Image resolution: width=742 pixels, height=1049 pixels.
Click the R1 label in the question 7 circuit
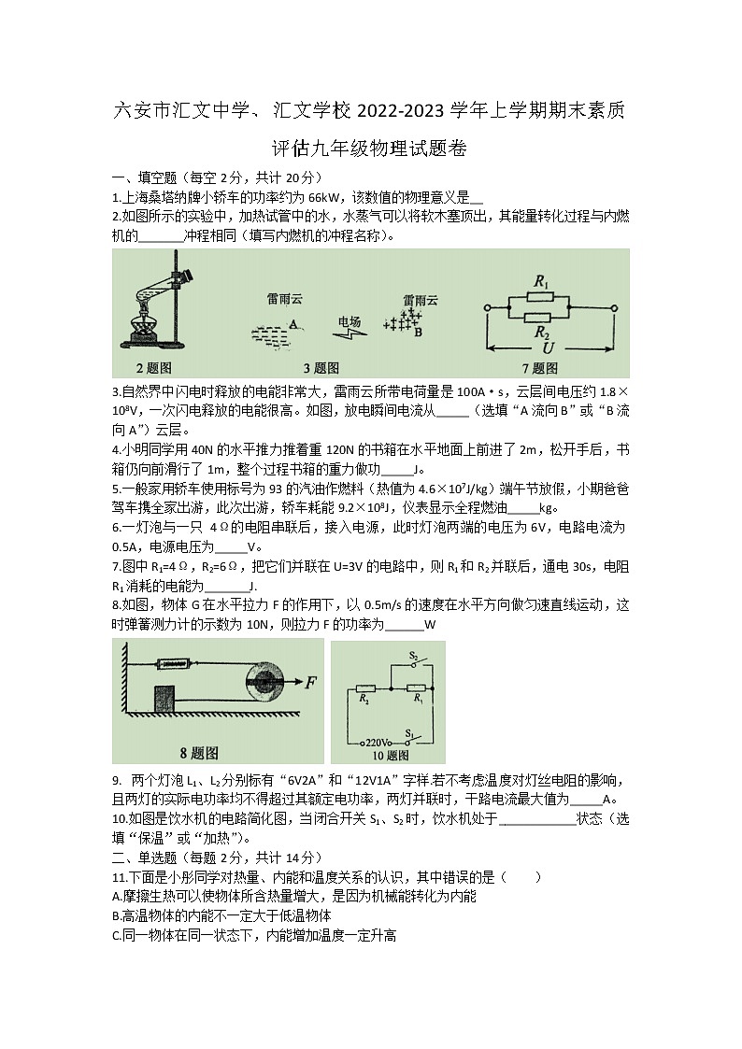click(540, 280)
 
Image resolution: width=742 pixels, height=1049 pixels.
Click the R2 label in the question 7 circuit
click(540, 332)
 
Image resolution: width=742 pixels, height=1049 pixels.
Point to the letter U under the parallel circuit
click(549, 348)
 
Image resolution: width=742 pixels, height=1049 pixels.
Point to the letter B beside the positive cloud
click(418, 332)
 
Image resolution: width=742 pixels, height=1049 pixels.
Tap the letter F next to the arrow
click(310, 682)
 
